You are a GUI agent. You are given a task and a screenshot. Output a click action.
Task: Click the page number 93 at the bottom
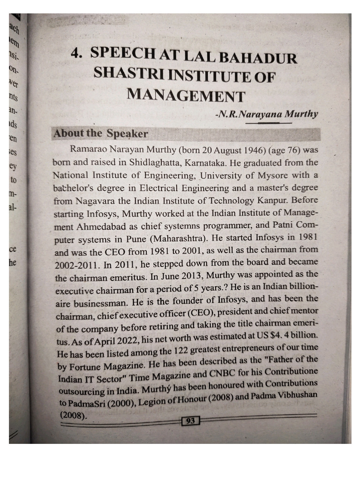190,420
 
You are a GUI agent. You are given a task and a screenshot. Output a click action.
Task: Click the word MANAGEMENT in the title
186,95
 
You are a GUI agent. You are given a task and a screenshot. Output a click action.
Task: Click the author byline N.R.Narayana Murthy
266,114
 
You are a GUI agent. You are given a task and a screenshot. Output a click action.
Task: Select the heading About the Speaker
100,134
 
